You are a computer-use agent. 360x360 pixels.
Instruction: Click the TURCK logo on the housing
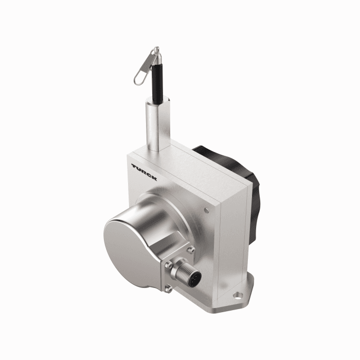[x=144, y=172]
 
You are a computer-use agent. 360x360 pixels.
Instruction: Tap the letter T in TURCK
[x=134, y=166]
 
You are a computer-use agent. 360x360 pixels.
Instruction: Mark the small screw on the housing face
[x=206, y=210]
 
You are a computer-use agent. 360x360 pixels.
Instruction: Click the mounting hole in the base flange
[x=239, y=295]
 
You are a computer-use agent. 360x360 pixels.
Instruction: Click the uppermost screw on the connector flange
[x=191, y=251]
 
